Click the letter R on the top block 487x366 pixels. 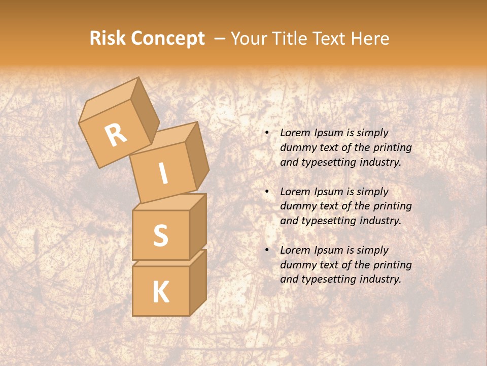[x=116, y=135]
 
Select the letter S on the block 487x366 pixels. [x=160, y=235]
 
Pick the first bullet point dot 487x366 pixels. [x=267, y=133]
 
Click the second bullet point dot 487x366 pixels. [x=267, y=192]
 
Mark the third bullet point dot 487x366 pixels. [x=267, y=251]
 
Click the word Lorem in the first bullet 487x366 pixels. [x=294, y=133]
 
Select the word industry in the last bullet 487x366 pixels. [x=380, y=279]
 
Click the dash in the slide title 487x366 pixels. [x=220, y=39]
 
